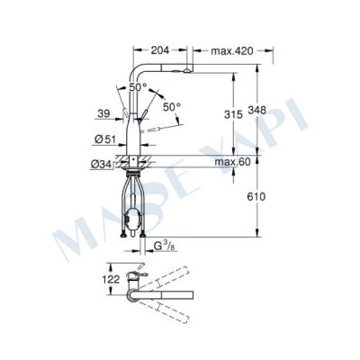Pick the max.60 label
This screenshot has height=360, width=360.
[231, 163]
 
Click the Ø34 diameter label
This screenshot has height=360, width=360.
[102, 163]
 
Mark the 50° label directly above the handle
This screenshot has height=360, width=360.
[137, 87]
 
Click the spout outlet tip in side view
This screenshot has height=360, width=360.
[185, 70]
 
